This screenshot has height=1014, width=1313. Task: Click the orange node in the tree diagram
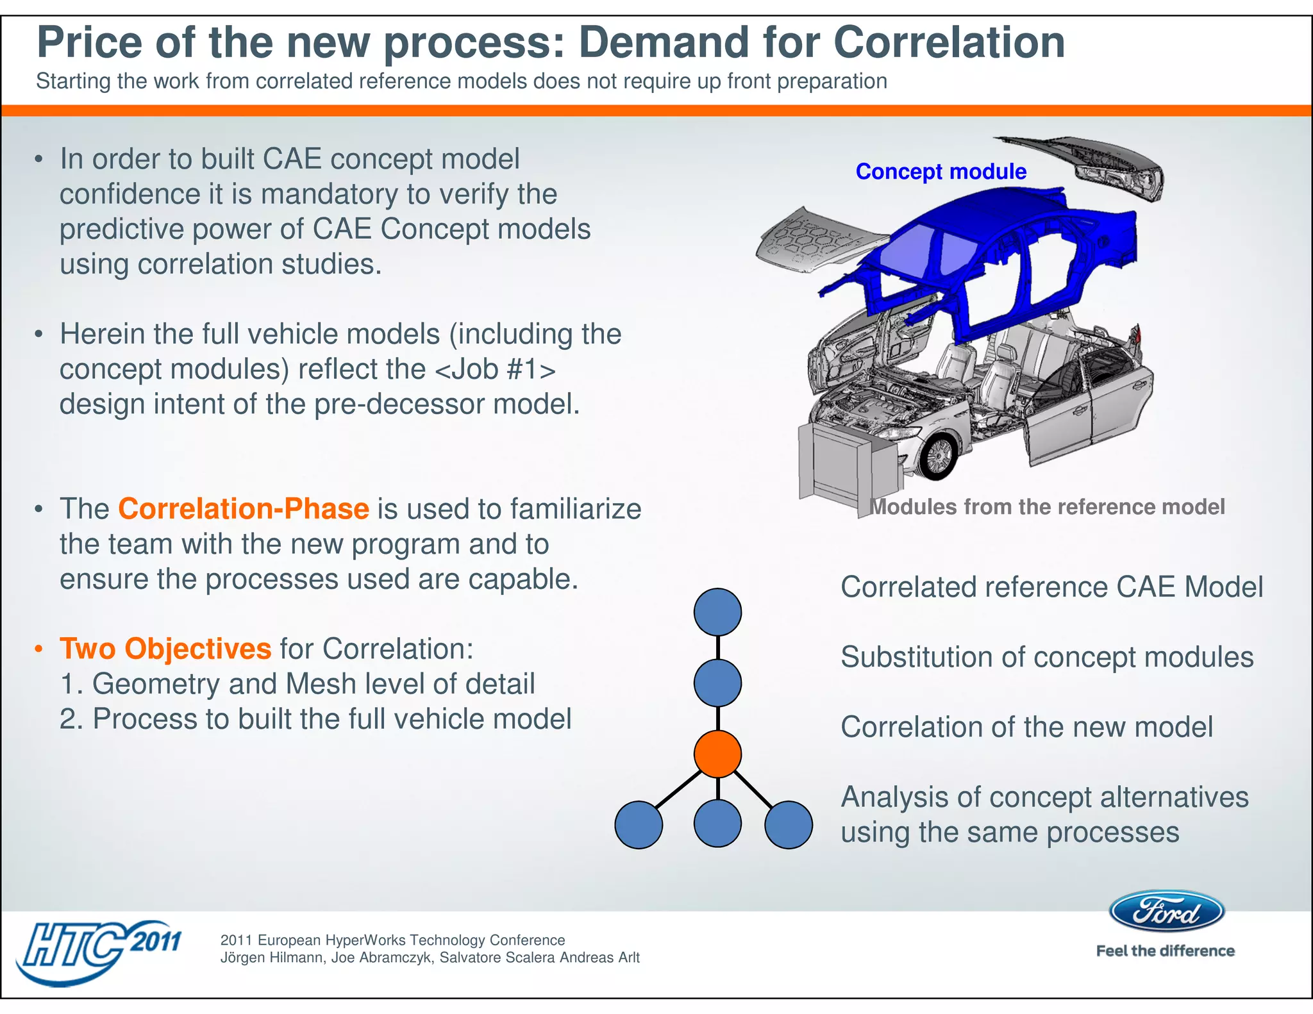(717, 754)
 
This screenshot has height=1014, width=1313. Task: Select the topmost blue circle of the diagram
(717, 612)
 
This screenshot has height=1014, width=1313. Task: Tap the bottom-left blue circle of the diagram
(639, 825)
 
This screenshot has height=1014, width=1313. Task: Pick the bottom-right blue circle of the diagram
(789, 825)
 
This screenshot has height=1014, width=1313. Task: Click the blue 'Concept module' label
(941, 172)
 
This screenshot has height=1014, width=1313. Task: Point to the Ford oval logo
(1166, 911)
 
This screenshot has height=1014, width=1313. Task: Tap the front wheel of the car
(938, 456)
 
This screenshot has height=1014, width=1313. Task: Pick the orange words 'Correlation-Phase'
(243, 509)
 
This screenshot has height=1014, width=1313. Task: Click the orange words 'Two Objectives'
(165, 649)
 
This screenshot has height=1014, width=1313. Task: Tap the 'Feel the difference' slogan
(1165, 951)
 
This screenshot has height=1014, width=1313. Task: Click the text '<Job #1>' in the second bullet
(495, 370)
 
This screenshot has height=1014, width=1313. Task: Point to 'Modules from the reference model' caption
(1047, 507)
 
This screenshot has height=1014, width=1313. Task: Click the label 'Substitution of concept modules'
(1046, 657)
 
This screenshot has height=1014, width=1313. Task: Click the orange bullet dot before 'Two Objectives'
(39, 649)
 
